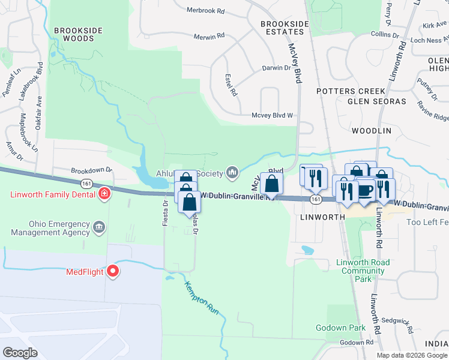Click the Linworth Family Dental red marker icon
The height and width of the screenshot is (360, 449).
tap(104, 194)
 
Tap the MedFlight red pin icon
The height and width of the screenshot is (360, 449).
tap(113, 272)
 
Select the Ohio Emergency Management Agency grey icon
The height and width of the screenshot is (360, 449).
tap(100, 228)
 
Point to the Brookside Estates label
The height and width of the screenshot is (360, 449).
tap(285, 28)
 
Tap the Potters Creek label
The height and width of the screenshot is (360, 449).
tap(351, 91)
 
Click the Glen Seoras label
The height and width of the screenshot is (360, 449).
tap(374, 101)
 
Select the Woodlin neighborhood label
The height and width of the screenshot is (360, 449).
tap(371, 130)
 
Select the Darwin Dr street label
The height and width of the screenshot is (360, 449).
tap(276, 68)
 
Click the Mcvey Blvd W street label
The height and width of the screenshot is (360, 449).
tap(272, 115)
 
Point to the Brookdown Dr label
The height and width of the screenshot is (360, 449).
tap(92, 170)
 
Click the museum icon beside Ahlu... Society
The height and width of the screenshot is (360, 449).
tap(232, 173)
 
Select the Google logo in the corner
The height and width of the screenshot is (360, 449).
tap(20, 353)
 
